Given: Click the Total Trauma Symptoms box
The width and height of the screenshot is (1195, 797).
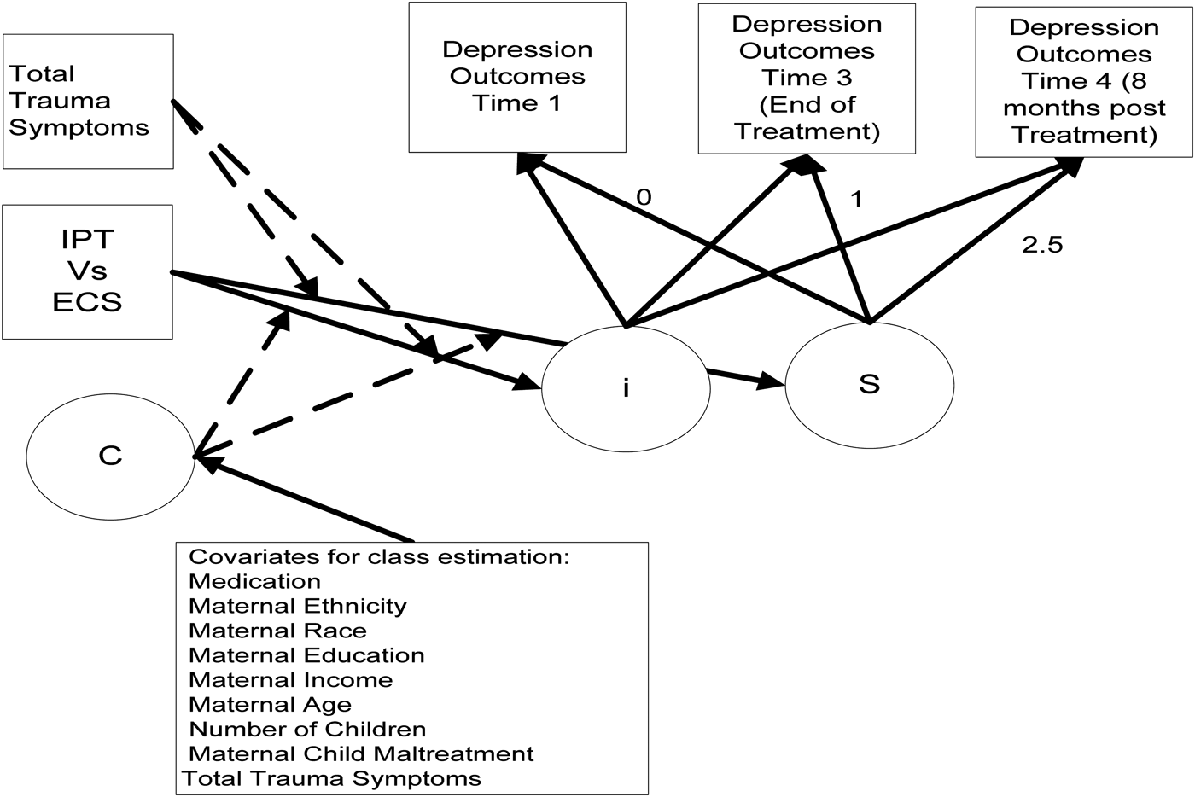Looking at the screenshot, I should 88,101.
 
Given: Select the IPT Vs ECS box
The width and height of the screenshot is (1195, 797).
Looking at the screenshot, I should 87,271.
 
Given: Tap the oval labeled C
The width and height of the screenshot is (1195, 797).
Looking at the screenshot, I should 110,456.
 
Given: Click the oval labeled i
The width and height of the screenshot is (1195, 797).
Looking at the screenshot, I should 626,387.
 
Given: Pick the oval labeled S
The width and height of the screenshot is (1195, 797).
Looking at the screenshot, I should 869,384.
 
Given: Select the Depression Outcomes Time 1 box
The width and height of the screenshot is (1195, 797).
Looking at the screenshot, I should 517,77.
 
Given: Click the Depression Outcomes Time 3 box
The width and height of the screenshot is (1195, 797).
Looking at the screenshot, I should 807,79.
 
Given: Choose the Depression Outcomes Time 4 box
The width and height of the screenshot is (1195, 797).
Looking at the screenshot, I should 1084,82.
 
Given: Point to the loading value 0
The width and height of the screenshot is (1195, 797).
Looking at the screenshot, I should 644,197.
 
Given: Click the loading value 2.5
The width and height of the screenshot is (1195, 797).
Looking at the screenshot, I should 1042,246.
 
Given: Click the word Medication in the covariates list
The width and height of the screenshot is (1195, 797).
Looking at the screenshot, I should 254,582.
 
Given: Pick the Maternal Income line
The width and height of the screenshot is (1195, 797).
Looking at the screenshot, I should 290,680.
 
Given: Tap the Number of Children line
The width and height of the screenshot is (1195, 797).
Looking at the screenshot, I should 307,730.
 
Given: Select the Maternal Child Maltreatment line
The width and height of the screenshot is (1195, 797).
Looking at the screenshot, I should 361,754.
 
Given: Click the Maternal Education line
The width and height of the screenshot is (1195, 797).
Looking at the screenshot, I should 306,655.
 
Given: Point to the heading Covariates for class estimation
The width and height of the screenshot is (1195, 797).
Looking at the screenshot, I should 378,557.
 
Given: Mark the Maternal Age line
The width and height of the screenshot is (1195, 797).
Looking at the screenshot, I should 270,705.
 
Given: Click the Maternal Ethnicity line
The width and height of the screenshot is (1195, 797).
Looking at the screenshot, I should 297,606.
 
